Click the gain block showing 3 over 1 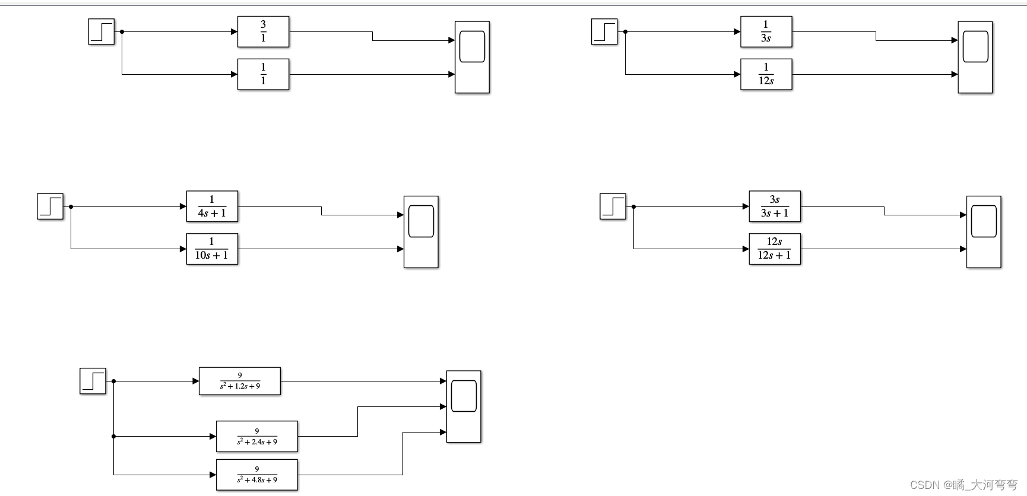(x=263, y=31)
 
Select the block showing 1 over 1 (x=263, y=74)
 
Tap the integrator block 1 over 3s (x=766, y=31)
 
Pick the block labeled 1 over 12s (x=766, y=74)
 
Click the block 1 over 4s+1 (x=212, y=206)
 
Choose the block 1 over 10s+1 (x=212, y=249)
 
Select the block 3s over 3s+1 (x=775, y=206)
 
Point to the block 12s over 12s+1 (x=775, y=249)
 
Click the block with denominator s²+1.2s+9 (x=240, y=381)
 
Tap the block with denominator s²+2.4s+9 (x=256, y=437)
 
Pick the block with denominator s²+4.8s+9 (x=256, y=475)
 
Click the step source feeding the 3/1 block (x=102, y=31)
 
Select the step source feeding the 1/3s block (x=604, y=31)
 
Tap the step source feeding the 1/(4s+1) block (x=50, y=206)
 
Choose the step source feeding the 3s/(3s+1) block (x=613, y=206)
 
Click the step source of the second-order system (x=93, y=381)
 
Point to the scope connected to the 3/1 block (x=472, y=57)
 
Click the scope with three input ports (x=464, y=406)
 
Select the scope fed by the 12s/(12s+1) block (x=984, y=231)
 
